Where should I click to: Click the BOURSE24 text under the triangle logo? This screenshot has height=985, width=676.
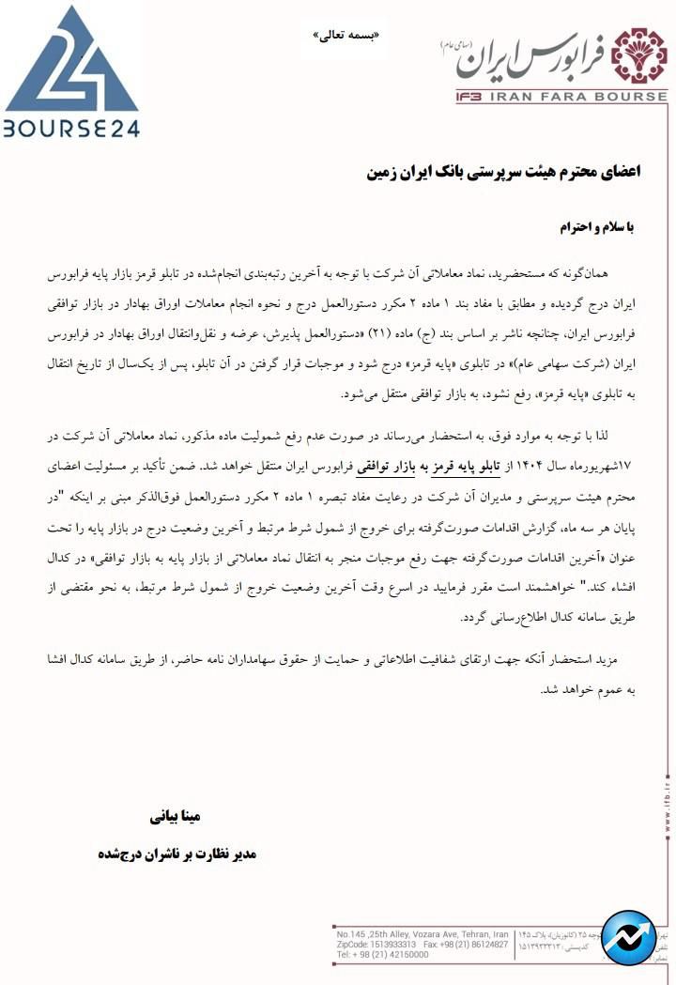click(x=70, y=126)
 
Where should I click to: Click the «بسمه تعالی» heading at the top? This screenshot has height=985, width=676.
click(x=348, y=35)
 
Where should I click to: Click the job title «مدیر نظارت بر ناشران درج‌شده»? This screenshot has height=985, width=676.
click(x=176, y=855)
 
